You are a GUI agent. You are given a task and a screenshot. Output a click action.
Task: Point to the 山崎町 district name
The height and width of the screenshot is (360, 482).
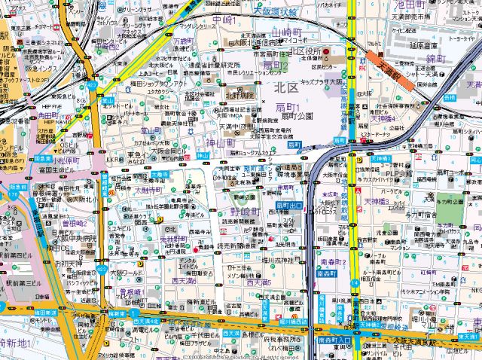pos(286,33)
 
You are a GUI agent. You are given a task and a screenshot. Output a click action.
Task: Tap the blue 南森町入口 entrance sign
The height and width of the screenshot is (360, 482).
pos(332,341)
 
